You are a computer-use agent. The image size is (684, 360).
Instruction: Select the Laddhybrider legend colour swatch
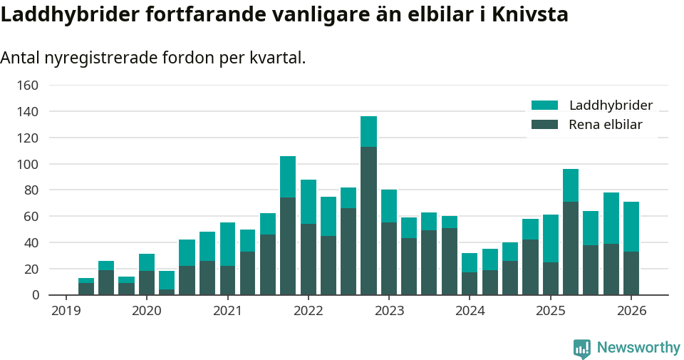(544, 106)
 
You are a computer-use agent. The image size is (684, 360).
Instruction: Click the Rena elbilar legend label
(606, 125)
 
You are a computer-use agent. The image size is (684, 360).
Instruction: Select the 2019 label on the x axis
(66, 311)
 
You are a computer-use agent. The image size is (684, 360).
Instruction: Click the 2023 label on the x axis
(389, 311)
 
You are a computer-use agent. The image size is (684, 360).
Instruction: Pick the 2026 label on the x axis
(631, 311)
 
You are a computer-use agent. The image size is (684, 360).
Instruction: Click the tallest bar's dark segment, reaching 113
(368, 221)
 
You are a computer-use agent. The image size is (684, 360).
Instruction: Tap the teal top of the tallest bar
(368, 131)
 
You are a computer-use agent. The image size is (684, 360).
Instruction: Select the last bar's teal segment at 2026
(631, 227)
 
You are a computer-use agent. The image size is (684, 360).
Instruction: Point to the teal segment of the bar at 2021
(227, 244)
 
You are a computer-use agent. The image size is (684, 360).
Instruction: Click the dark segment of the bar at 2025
(550, 279)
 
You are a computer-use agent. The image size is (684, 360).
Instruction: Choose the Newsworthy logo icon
(581, 348)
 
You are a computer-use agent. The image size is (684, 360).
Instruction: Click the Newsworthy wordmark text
(638, 348)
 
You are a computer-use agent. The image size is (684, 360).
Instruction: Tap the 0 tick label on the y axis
(33, 295)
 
